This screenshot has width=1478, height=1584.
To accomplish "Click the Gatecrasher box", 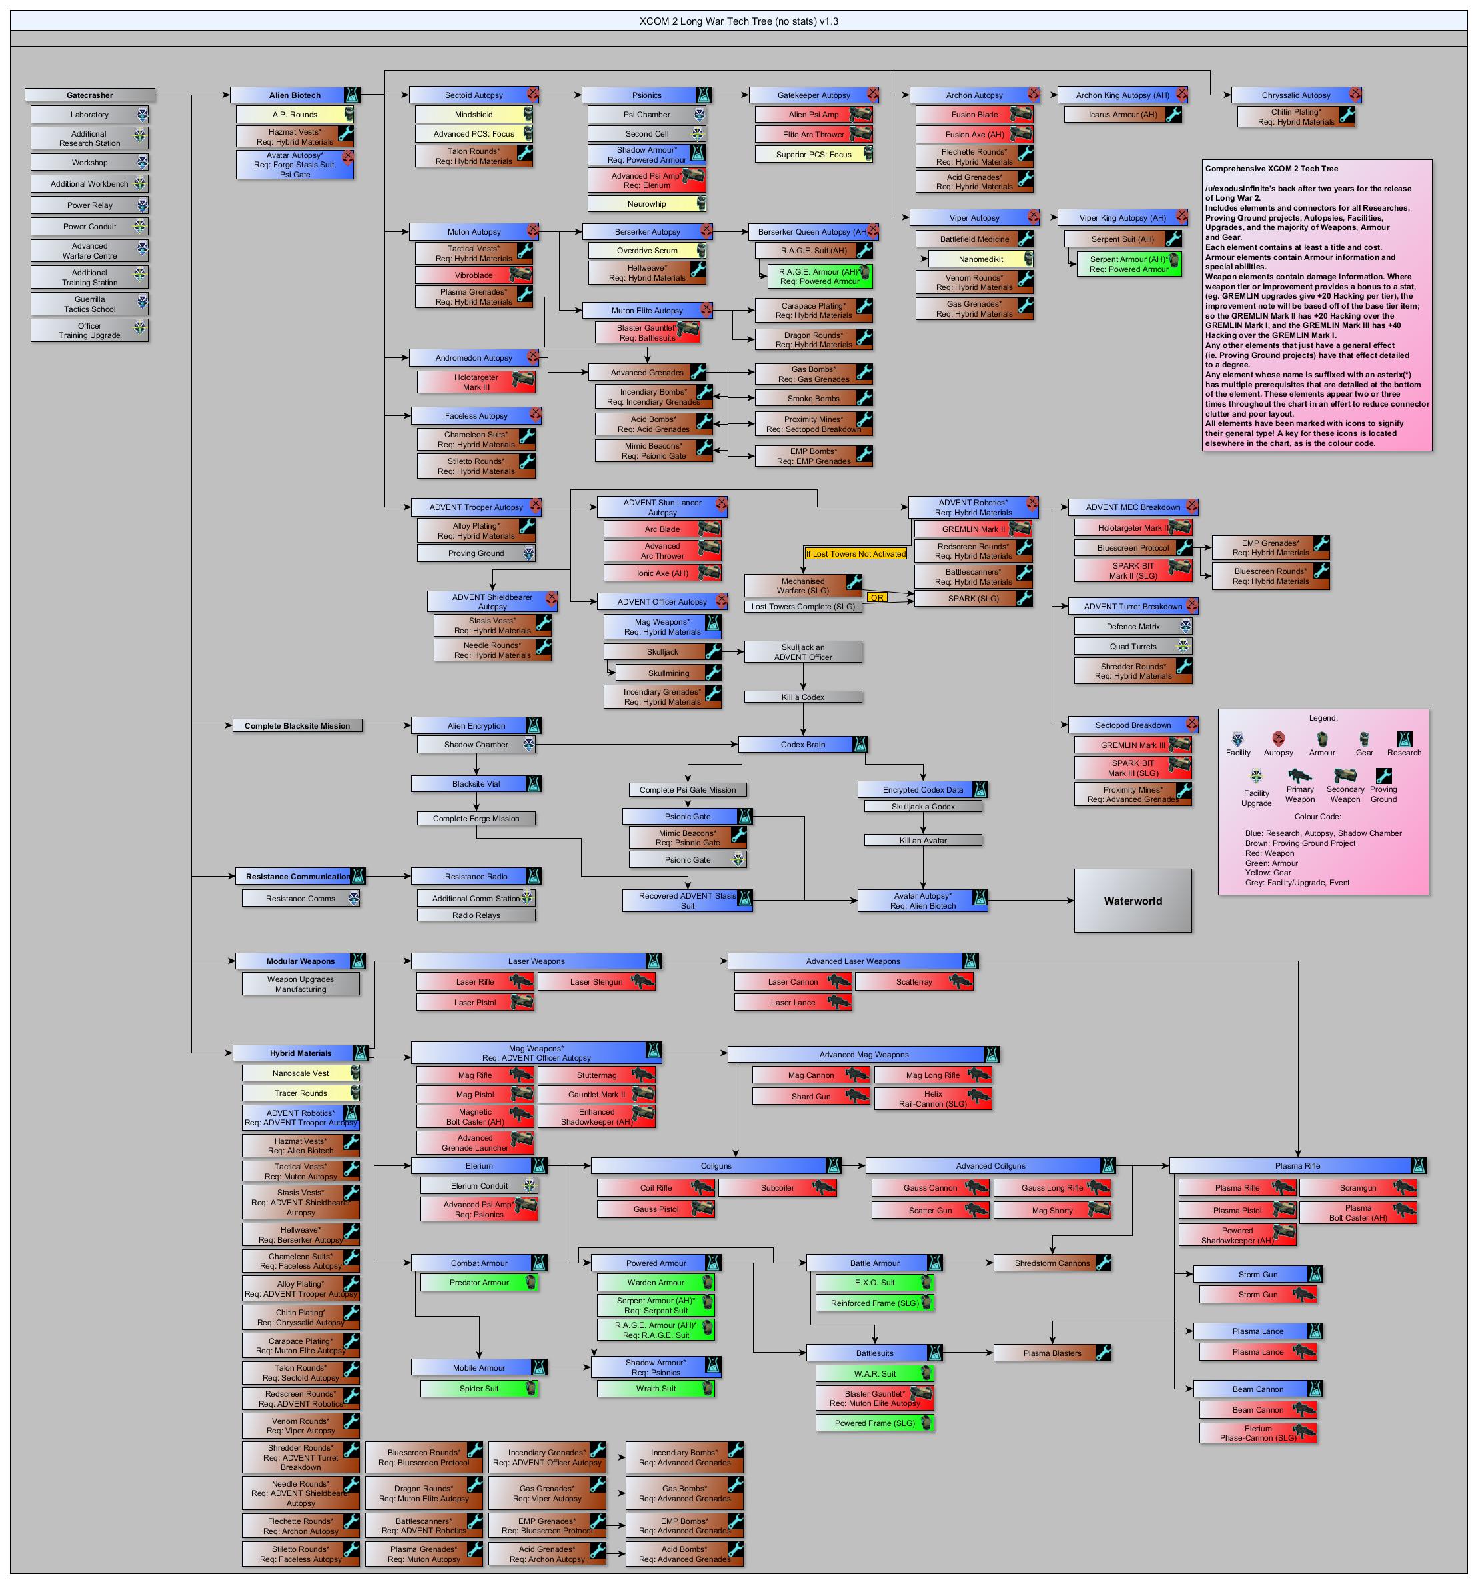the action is pyautogui.click(x=90, y=95).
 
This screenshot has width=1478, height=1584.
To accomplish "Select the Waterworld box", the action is pyautogui.click(x=1132, y=901).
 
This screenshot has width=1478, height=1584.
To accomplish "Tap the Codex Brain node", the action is pyautogui.click(x=803, y=744).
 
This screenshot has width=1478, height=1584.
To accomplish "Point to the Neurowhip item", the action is pyautogui.click(x=646, y=204).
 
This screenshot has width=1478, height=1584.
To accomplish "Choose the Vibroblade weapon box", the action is pyautogui.click(x=474, y=275).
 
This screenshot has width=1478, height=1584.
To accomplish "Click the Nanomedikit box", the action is pyautogui.click(x=980, y=259).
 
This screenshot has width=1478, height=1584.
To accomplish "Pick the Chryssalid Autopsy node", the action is pyautogui.click(x=1295, y=95).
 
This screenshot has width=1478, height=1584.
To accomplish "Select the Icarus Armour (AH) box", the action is pyautogui.click(x=1123, y=115).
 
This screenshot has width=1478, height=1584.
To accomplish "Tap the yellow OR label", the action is pyautogui.click(x=877, y=597).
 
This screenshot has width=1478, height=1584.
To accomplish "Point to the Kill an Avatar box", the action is pyautogui.click(x=923, y=840).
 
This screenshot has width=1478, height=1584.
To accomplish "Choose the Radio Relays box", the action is pyautogui.click(x=476, y=915).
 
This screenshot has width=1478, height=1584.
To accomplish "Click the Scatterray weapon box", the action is pyautogui.click(x=914, y=981).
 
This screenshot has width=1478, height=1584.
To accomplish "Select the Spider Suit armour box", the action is pyautogui.click(x=479, y=1388).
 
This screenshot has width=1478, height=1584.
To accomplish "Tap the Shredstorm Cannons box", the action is pyautogui.click(x=1052, y=1263).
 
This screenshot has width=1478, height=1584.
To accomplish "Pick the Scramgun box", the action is pyautogui.click(x=1358, y=1187).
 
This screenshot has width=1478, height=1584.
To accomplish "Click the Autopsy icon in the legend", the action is pyautogui.click(x=1278, y=739).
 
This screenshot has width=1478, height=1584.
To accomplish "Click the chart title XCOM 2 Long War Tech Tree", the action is pyautogui.click(x=738, y=21).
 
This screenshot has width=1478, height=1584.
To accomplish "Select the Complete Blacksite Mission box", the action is pyautogui.click(x=297, y=726).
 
